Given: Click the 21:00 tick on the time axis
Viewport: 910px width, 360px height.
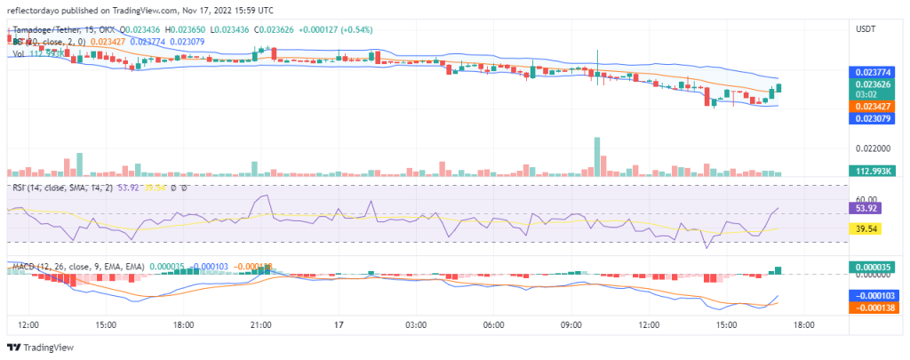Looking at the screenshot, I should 260,325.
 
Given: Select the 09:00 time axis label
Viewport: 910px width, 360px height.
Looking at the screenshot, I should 570,325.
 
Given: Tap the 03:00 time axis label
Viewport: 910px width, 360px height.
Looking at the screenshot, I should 415,325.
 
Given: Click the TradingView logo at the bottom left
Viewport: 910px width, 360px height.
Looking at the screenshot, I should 41,347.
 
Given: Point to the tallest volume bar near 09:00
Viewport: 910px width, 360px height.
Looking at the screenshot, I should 597,156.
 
